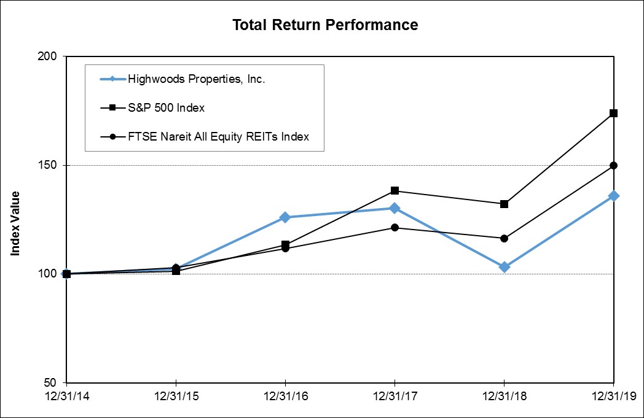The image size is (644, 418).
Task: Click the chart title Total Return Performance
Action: click(325, 25)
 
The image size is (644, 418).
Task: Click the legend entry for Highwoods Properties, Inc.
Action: click(196, 79)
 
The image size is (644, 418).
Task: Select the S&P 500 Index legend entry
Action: click(166, 108)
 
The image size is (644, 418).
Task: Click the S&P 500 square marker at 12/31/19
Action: click(613, 113)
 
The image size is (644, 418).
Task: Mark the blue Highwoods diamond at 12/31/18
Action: click(504, 267)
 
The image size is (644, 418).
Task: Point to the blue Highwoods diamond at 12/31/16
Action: click(285, 217)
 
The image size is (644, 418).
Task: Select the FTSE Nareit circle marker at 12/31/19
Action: click(613, 165)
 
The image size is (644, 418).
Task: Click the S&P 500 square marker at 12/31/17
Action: click(395, 191)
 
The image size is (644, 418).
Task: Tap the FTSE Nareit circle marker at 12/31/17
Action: click(395, 228)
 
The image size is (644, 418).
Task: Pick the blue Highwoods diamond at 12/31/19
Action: click(613, 196)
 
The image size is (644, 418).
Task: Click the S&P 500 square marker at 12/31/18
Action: click(504, 204)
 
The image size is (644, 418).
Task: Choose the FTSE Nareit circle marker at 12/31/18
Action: click(504, 238)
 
